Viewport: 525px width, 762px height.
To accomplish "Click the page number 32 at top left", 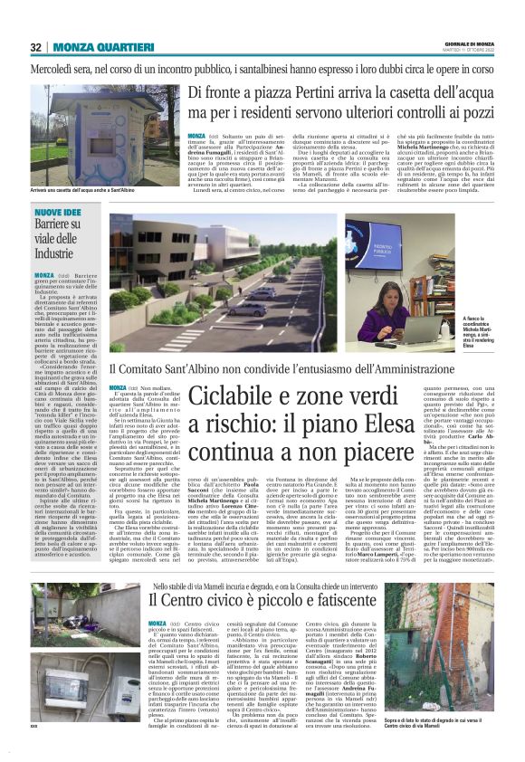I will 36,47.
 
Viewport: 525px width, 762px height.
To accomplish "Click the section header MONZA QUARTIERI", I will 95,47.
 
